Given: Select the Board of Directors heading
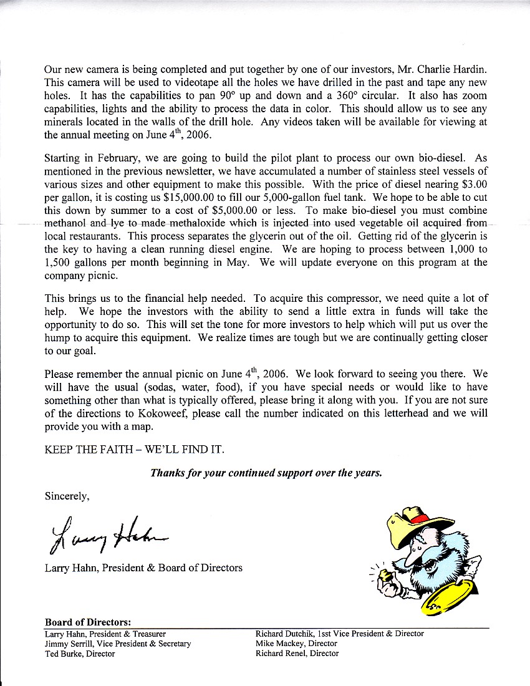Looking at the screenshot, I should [88, 622].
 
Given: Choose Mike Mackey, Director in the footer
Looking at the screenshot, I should [296, 644].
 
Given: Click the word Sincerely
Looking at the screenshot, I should [67, 496].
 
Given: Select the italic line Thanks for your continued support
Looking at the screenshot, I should [266, 473].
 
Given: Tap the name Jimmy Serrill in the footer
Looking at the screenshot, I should [69, 644].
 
